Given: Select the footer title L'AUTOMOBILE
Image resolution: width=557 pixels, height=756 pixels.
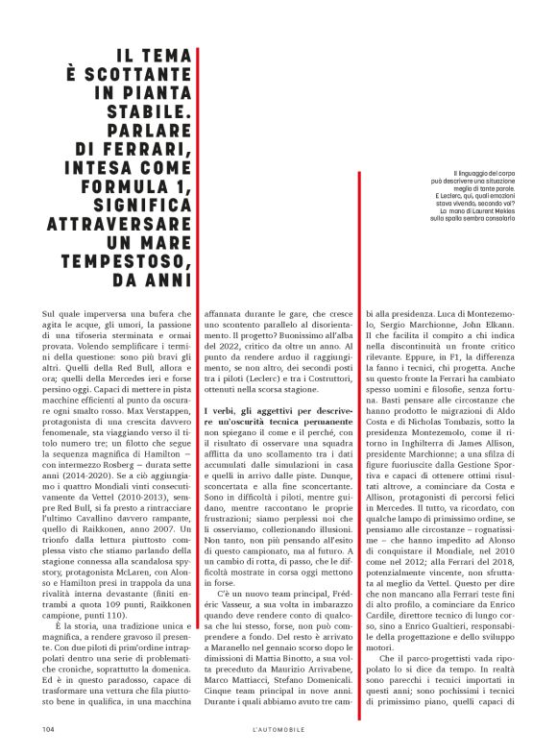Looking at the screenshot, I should (x=278, y=728).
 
